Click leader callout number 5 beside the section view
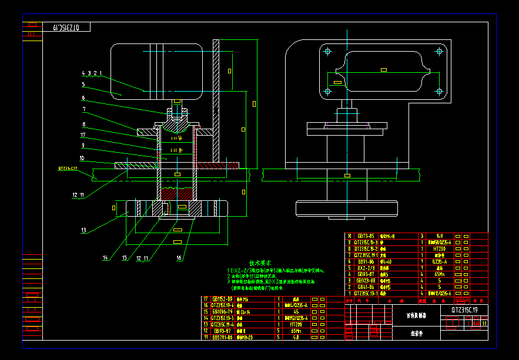(x=83, y=85)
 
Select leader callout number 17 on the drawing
(x=83, y=134)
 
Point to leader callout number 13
(x=84, y=230)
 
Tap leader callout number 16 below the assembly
(x=179, y=257)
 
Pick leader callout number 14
(x=106, y=257)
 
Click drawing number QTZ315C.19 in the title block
(x=468, y=309)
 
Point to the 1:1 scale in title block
(x=475, y=322)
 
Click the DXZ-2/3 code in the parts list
(x=367, y=268)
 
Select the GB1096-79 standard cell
(x=222, y=312)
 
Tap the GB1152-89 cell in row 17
(x=222, y=299)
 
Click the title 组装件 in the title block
(x=417, y=333)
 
